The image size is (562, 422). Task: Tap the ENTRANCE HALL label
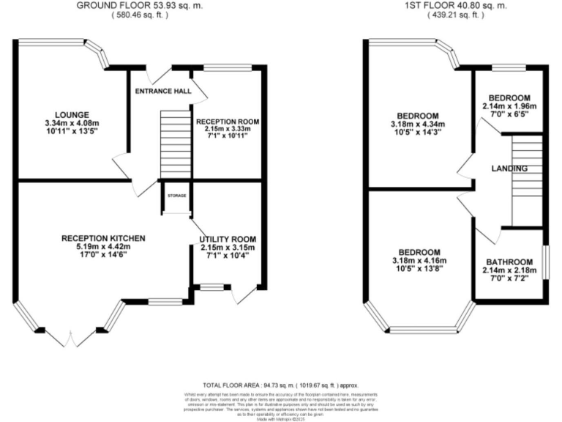click(x=162, y=92)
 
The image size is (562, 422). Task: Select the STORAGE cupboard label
click(x=176, y=196)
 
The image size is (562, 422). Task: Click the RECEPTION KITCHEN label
click(x=103, y=238)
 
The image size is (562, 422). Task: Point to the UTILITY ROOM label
click(x=228, y=239)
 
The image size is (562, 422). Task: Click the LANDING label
click(x=509, y=169)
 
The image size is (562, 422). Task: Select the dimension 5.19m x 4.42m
click(x=103, y=247)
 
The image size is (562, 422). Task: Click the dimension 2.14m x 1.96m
click(x=509, y=106)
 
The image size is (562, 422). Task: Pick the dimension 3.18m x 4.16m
click(x=419, y=261)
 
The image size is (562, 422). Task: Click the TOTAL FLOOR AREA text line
click(x=280, y=385)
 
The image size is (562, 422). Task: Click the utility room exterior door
click(x=239, y=295)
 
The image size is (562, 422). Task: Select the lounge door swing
click(x=119, y=163)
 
